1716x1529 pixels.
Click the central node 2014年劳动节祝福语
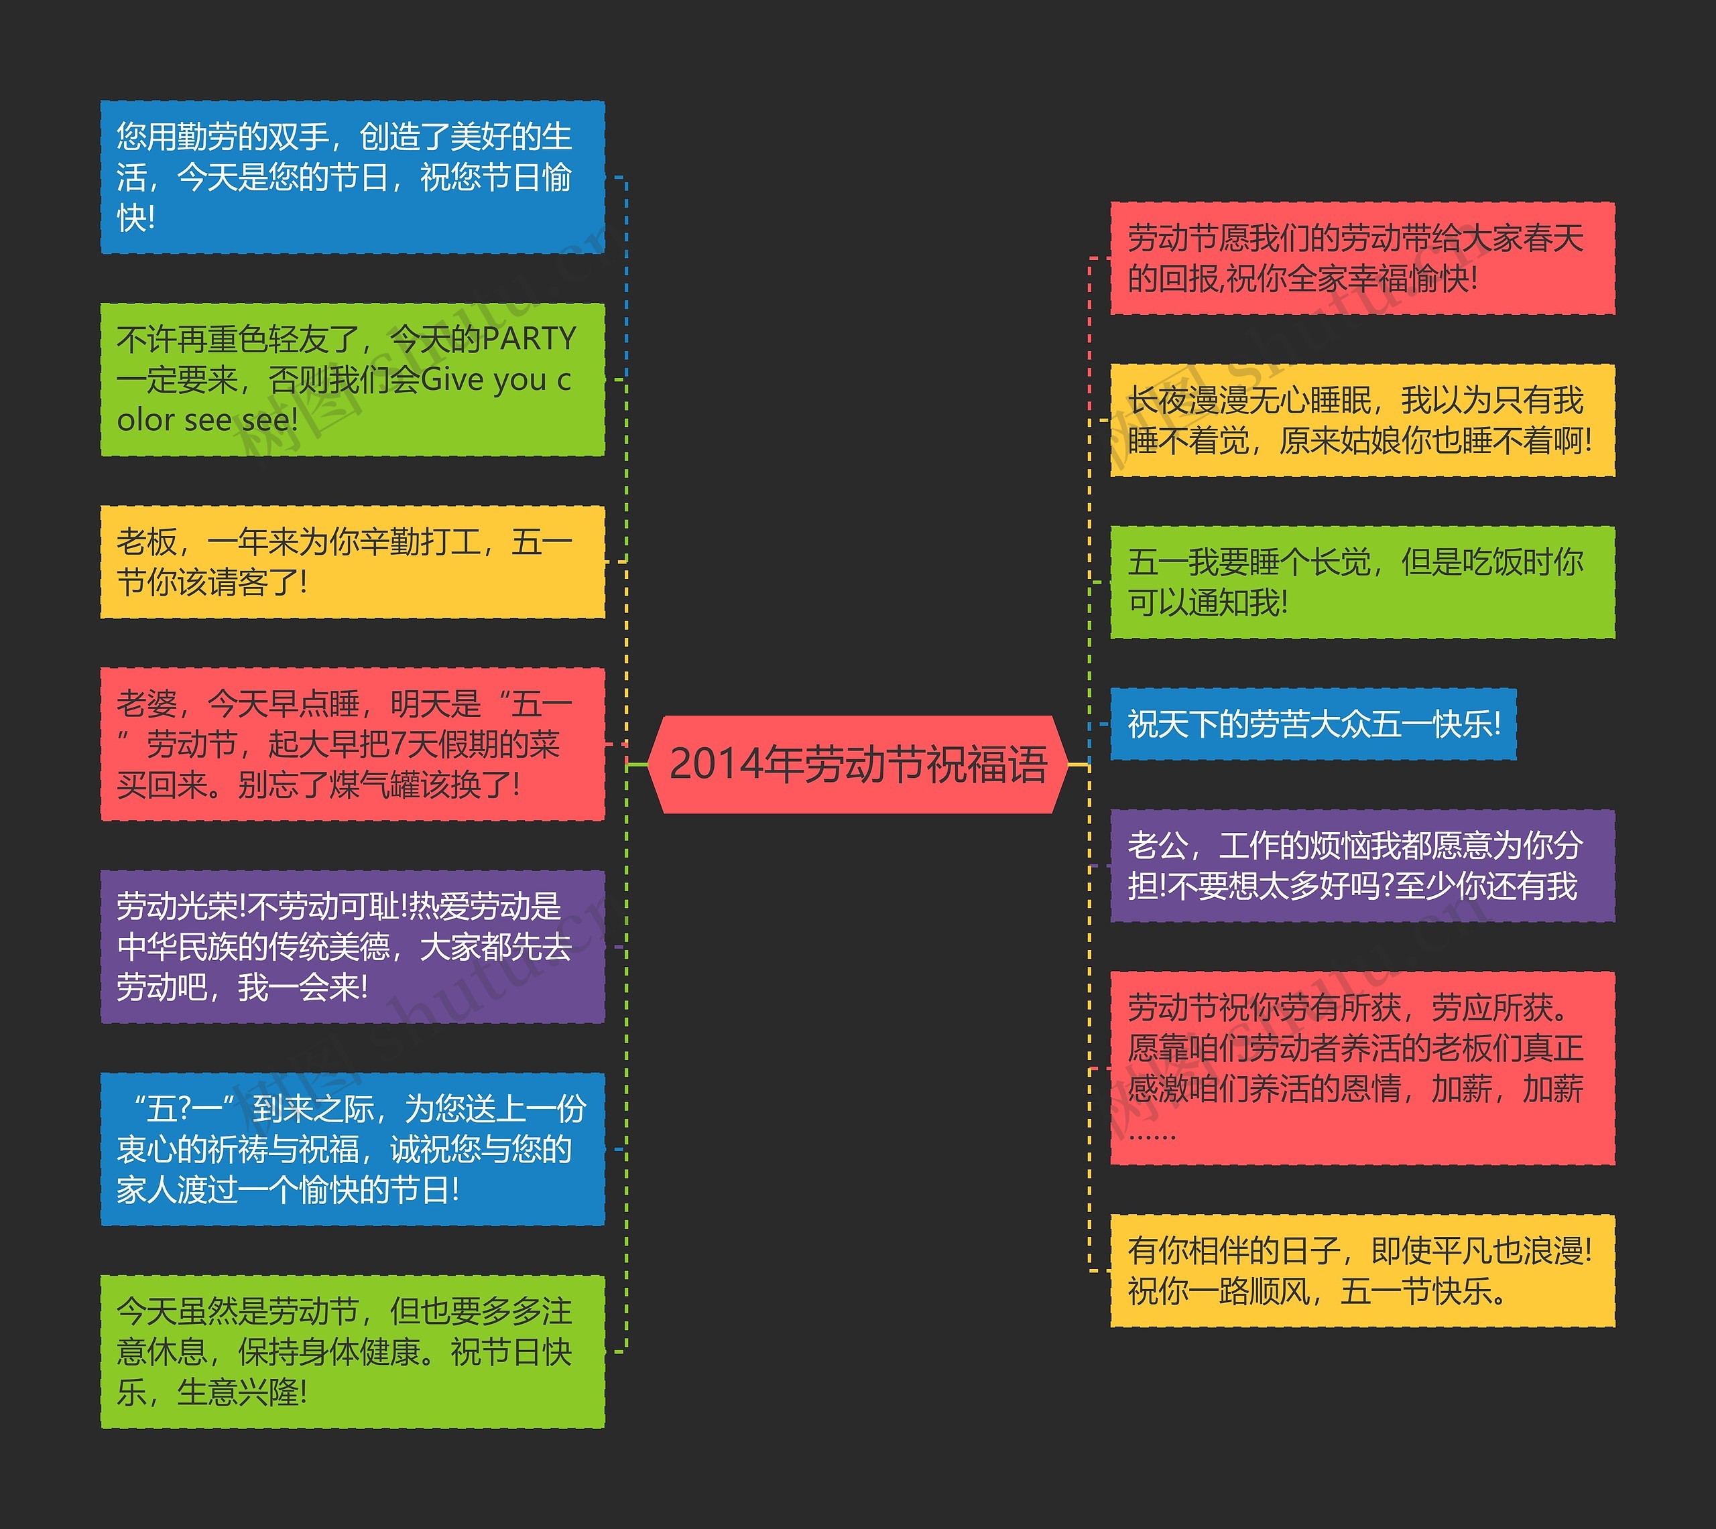click(858, 764)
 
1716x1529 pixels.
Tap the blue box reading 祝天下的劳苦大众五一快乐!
click(1312, 724)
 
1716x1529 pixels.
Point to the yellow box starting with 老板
click(352, 562)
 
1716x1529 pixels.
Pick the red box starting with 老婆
click(352, 744)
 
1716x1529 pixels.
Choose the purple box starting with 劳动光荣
click(352, 947)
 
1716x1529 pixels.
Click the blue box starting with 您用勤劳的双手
click(352, 178)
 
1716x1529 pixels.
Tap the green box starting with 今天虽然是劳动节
click(352, 1351)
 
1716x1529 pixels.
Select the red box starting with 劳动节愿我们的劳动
click(1362, 259)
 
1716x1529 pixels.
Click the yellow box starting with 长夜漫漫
click(1362, 420)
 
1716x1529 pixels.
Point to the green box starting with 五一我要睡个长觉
click(1362, 582)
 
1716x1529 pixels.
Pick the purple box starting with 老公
click(1362, 865)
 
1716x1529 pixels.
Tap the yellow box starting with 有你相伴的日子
click(1362, 1271)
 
